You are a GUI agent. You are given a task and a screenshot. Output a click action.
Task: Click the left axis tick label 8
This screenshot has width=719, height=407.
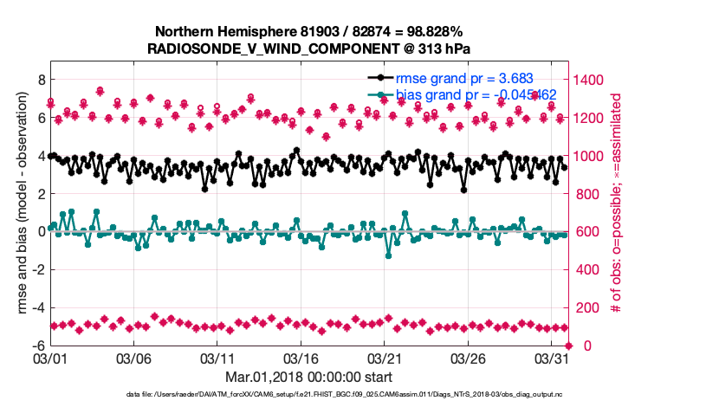[x=38, y=80]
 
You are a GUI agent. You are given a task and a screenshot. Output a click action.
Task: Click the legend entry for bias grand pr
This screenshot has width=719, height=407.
[x=475, y=94]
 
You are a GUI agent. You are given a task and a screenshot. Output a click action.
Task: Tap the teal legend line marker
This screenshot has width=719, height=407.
[x=379, y=94]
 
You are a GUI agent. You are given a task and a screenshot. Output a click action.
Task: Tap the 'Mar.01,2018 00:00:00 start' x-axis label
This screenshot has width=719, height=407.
[x=308, y=377]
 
